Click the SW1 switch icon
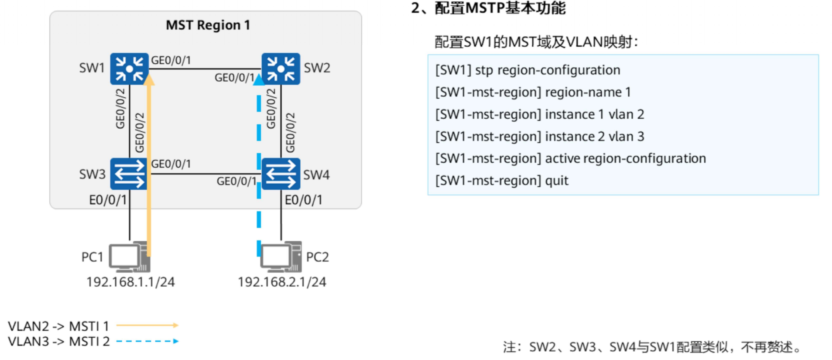(129, 69)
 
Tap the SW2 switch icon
(281, 69)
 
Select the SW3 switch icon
(129, 174)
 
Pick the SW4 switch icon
(281, 174)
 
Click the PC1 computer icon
(129, 257)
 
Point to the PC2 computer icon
(281, 257)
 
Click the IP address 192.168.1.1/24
(130, 282)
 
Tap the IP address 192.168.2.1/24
(282, 282)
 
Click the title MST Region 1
(208, 25)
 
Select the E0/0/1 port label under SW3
(108, 200)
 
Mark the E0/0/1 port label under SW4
(304, 200)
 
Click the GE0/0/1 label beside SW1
(171, 60)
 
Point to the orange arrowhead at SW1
(149, 79)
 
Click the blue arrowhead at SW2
(259, 79)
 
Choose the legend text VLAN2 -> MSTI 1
(58, 326)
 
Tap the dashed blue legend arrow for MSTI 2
(147, 341)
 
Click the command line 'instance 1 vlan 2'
(539, 114)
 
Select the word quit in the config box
(557, 181)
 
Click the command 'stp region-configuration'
(547, 70)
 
